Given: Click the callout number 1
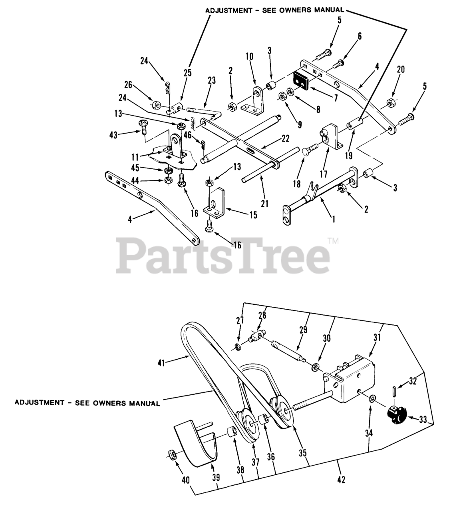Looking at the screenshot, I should tap(334, 218).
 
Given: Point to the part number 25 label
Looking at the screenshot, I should tap(188, 73).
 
